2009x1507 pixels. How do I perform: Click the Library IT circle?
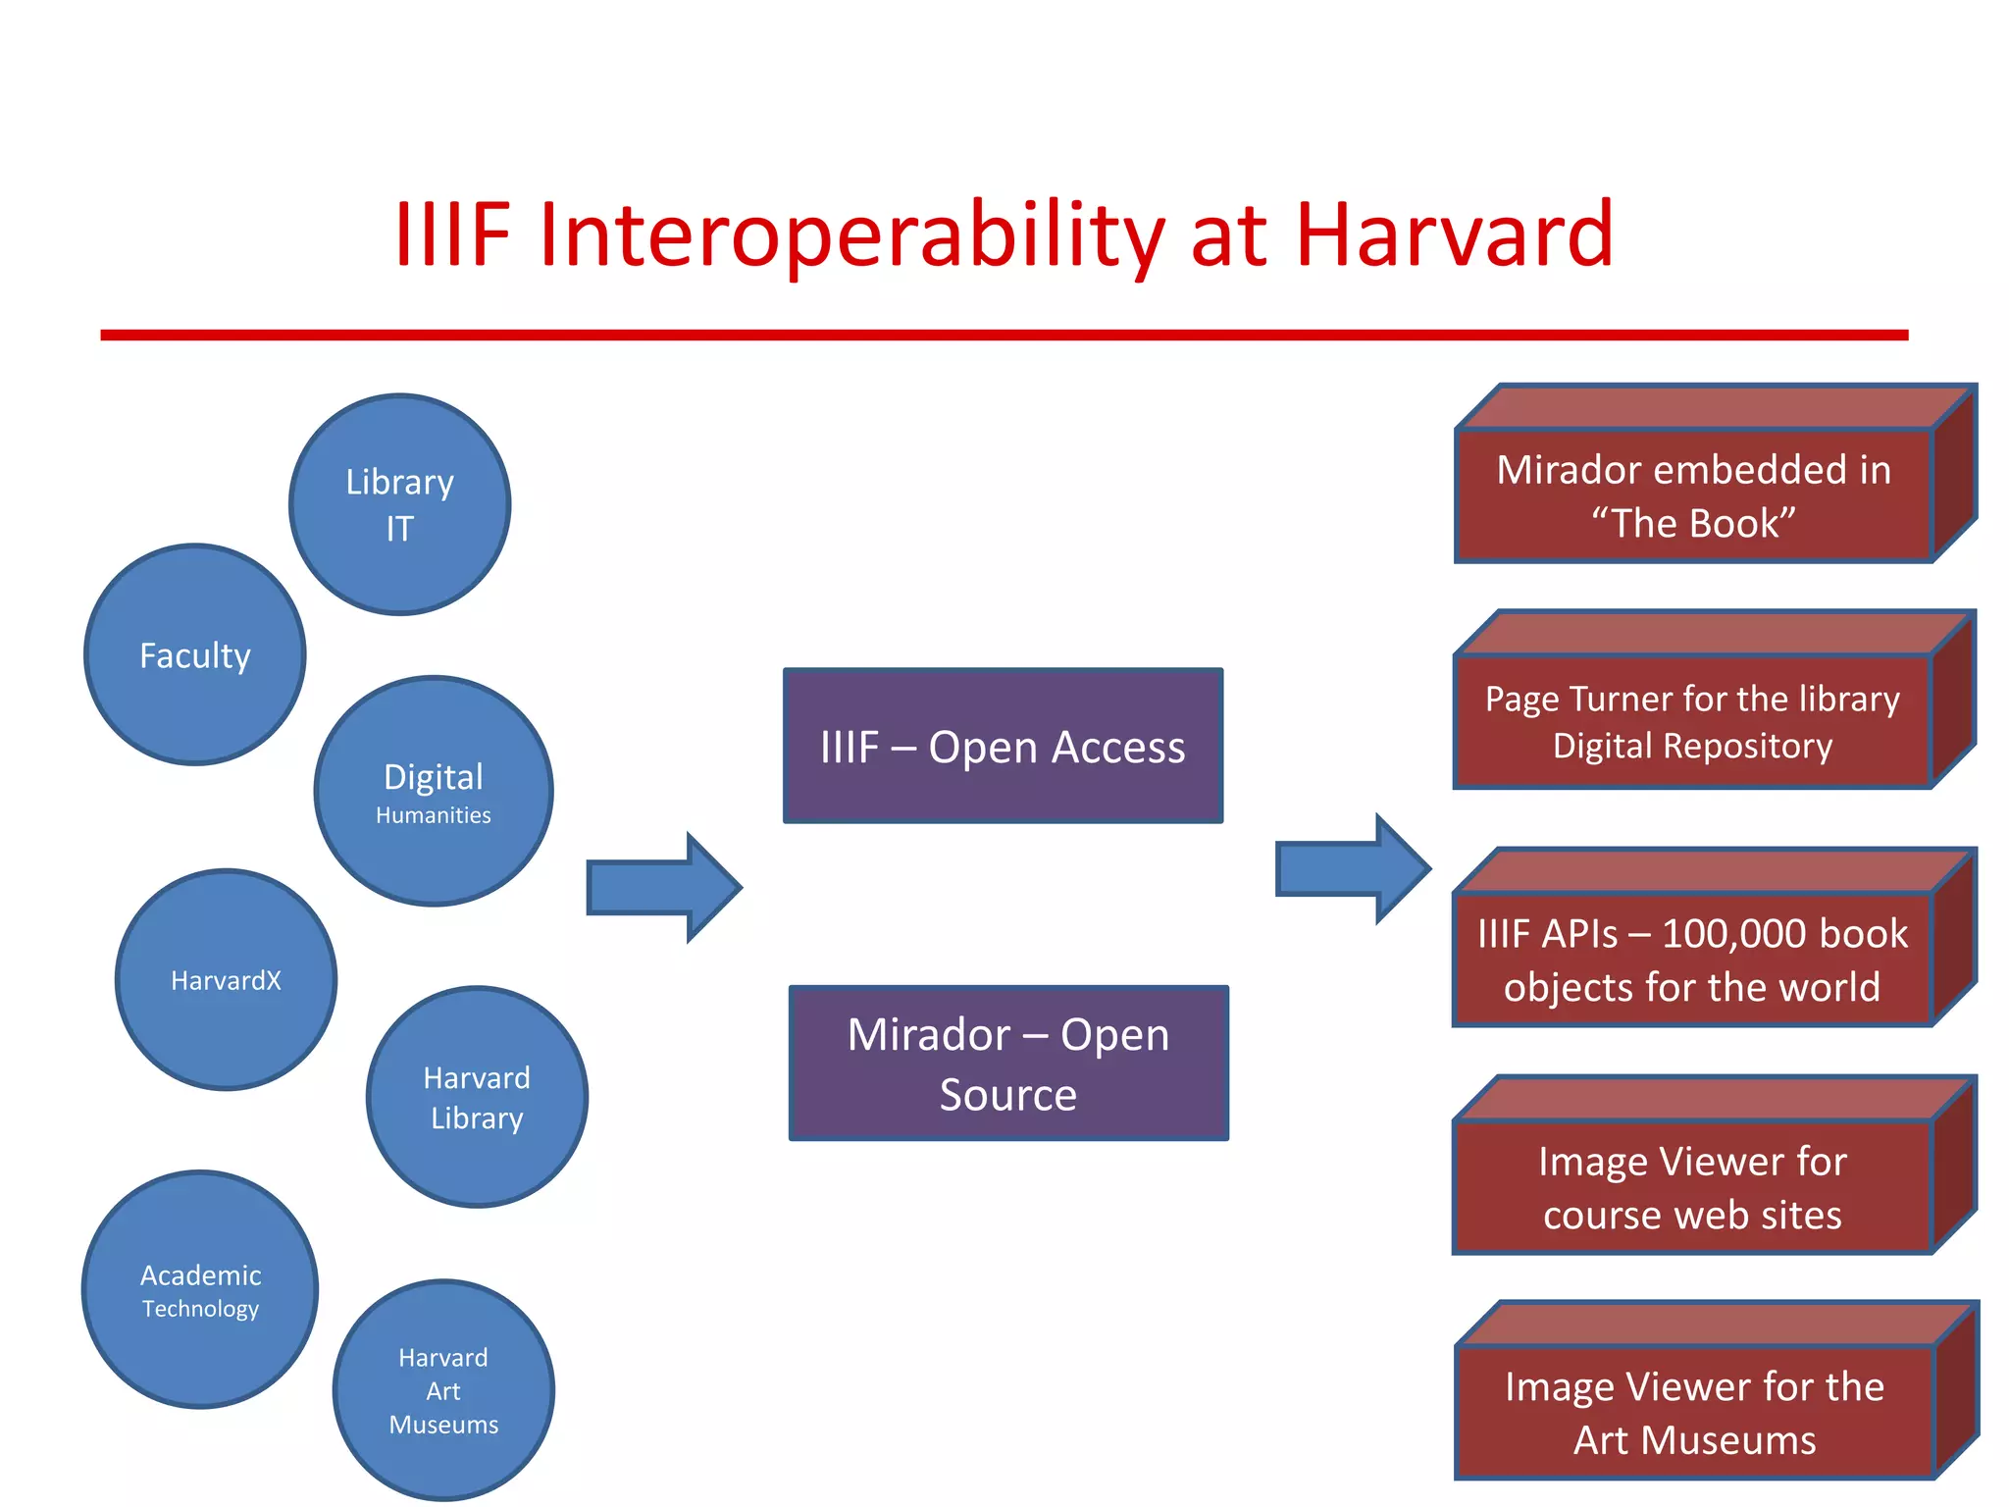tap(399, 504)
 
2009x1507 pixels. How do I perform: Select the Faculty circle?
tap(195, 654)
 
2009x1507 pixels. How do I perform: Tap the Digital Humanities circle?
tap(434, 791)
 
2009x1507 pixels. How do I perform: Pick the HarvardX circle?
tap(227, 979)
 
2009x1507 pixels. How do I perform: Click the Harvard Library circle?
tap(477, 1097)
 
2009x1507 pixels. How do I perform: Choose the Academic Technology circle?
tap(200, 1289)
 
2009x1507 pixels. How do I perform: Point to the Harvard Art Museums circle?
tap(443, 1390)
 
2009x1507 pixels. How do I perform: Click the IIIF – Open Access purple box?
tap(1003, 747)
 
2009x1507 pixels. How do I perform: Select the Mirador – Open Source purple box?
tap(1008, 1064)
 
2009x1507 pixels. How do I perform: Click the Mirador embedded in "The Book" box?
tap(1694, 495)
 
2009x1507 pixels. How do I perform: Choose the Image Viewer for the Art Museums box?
tap(1694, 1412)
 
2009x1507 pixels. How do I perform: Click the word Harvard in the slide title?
tap(1454, 235)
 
